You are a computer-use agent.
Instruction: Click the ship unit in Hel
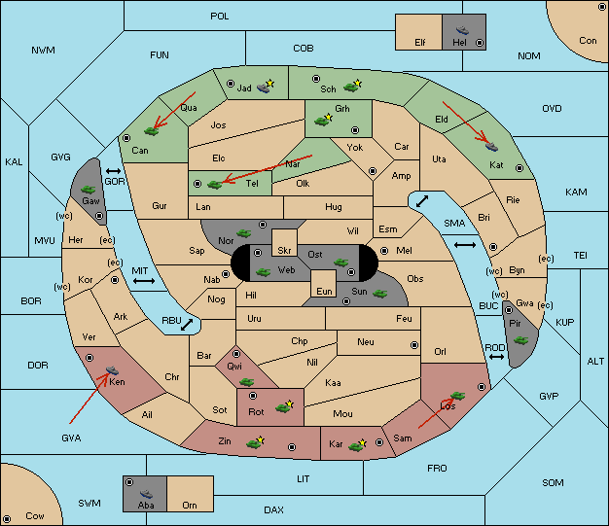[462, 30]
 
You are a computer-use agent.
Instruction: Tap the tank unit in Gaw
[89, 189]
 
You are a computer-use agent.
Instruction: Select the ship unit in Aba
[147, 493]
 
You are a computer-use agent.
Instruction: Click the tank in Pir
[520, 340]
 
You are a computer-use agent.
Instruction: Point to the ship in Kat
[491, 147]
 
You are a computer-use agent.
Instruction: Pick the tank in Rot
[283, 407]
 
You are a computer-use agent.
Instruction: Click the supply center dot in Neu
[414, 345]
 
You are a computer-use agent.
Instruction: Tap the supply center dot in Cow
[7, 518]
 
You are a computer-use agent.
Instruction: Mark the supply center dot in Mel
[384, 251]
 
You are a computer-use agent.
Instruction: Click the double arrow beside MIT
[144, 281]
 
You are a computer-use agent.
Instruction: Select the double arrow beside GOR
[114, 171]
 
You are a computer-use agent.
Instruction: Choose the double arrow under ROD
[496, 357]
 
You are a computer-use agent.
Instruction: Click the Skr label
[284, 251]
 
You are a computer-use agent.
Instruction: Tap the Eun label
[324, 291]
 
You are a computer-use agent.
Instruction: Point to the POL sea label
[220, 17]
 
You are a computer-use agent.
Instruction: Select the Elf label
[420, 43]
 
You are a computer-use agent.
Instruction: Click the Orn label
[190, 505]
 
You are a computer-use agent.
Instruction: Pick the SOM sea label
[553, 482]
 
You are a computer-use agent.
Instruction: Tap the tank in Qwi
[247, 382]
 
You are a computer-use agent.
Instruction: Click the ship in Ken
[112, 369]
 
